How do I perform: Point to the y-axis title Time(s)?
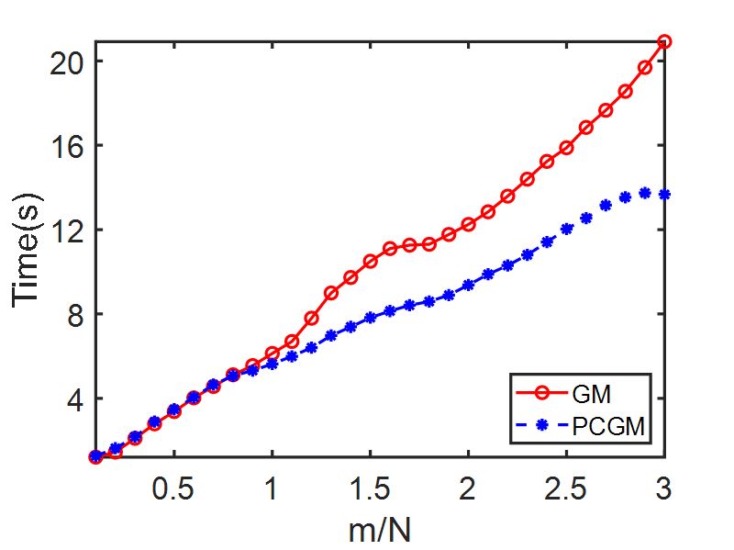click(x=28, y=250)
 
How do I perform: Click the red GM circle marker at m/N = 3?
click(x=664, y=41)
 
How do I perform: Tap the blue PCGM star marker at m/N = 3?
click(x=664, y=195)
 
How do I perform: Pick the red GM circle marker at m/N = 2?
click(x=468, y=224)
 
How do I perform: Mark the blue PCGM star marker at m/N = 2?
click(x=468, y=285)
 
